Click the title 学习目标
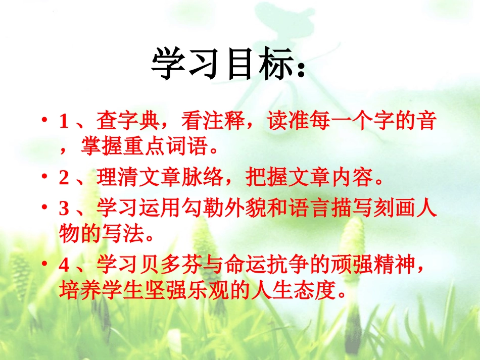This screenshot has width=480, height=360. (x=222, y=65)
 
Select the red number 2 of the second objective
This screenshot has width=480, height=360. (x=63, y=178)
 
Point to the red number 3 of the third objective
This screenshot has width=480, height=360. (x=63, y=209)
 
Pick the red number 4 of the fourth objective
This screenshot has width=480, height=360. (x=63, y=264)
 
